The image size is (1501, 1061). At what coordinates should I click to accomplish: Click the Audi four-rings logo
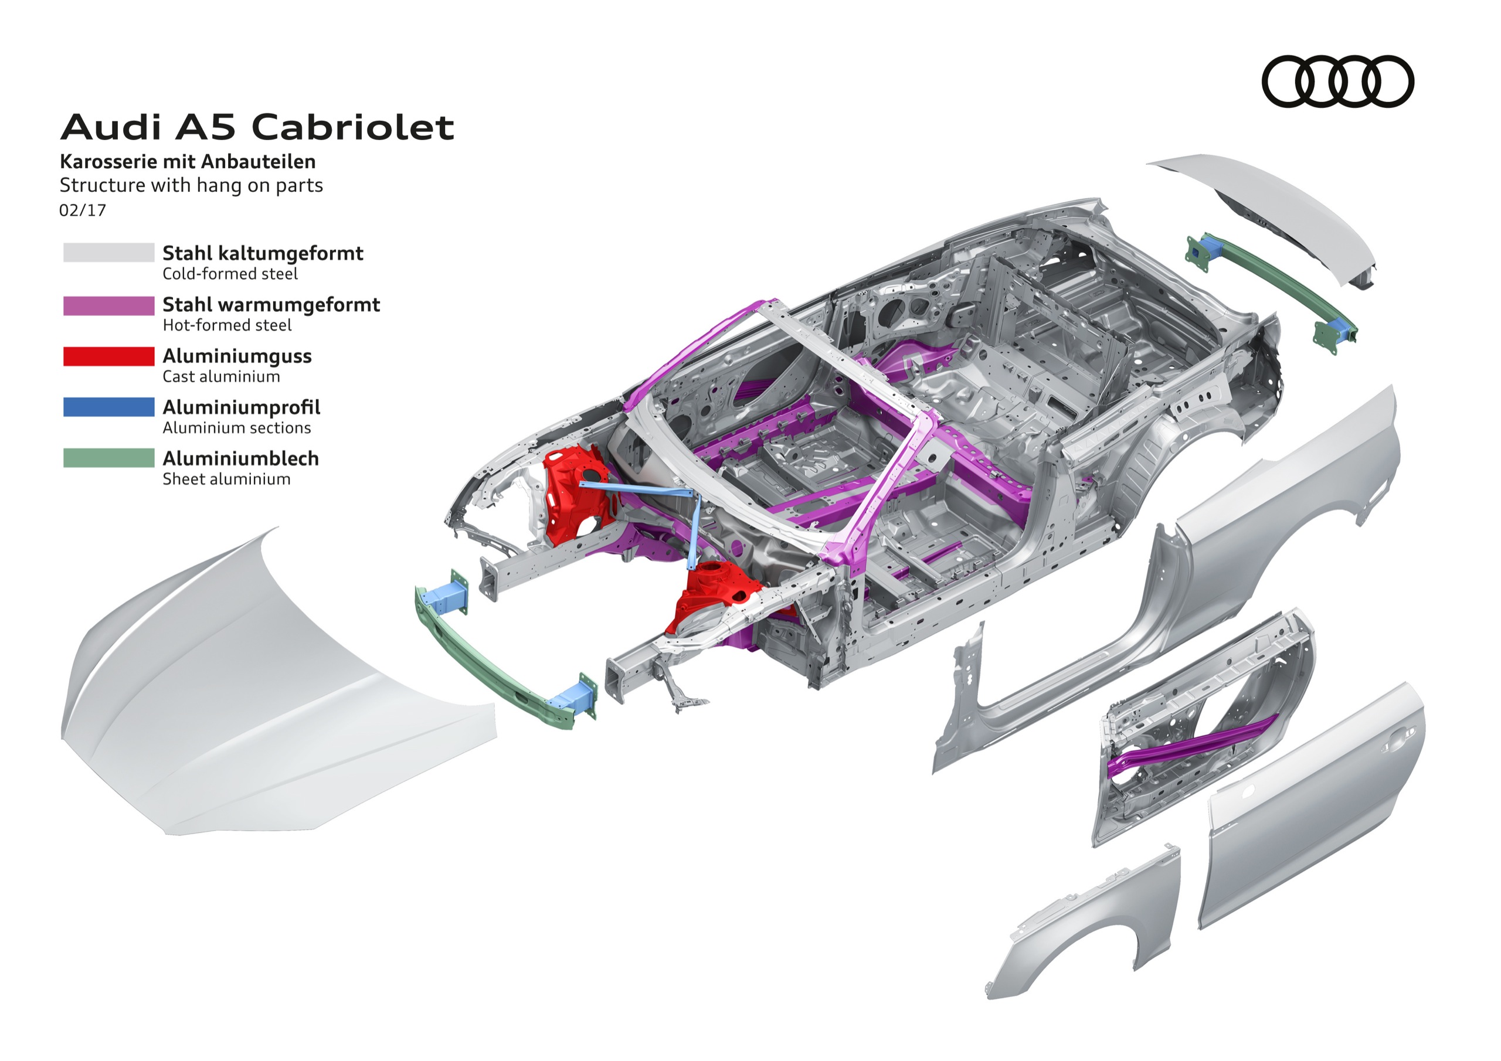click(1337, 81)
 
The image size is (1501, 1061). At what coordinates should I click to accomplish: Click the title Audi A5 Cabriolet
click(257, 127)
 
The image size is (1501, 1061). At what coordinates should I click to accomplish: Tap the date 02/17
click(82, 210)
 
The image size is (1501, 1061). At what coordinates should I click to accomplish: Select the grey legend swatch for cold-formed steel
click(108, 253)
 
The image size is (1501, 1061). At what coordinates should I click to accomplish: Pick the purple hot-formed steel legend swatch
click(108, 305)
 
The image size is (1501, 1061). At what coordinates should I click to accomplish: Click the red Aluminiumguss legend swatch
click(108, 356)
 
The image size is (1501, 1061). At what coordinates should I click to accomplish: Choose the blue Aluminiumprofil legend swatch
click(108, 407)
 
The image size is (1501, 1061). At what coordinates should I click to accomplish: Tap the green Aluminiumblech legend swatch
click(108, 458)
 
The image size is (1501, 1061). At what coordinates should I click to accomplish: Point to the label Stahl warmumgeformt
click(271, 305)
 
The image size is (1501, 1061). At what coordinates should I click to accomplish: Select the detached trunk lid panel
click(1281, 209)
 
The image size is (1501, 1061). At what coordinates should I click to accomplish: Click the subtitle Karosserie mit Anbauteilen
click(188, 161)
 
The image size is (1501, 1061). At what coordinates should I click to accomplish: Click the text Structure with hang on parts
click(191, 186)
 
